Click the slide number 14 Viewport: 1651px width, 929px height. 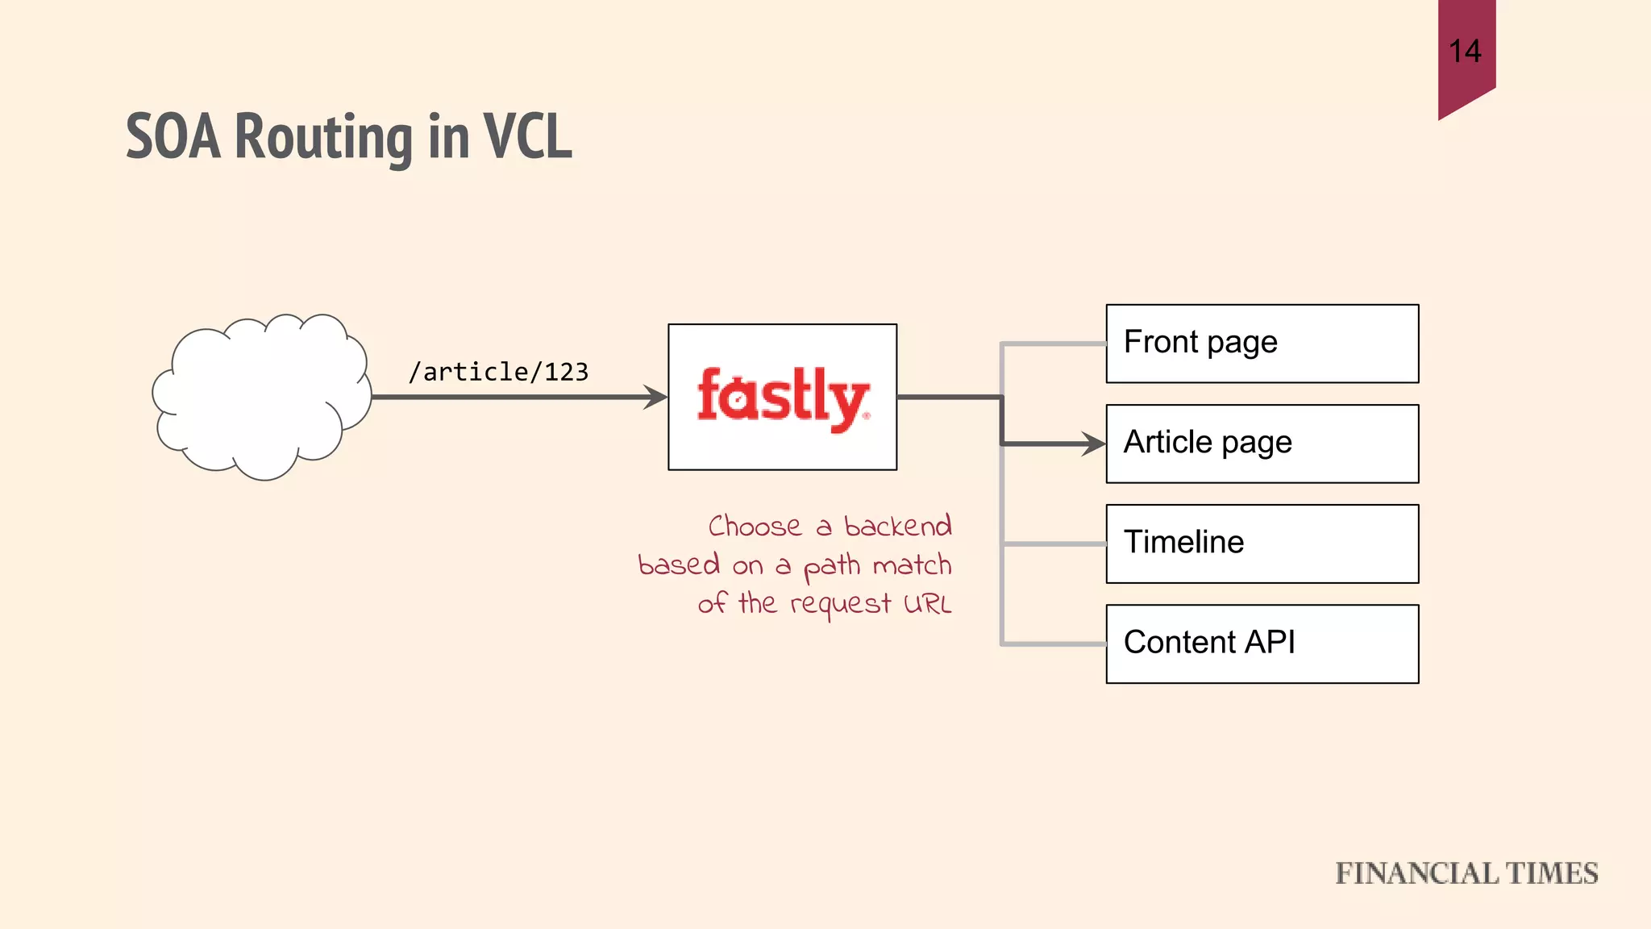tap(1465, 52)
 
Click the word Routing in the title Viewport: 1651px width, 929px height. tap(323, 137)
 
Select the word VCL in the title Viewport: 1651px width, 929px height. tap(527, 135)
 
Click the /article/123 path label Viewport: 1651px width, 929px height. tap(498, 372)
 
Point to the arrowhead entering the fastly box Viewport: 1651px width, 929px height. tap(655, 397)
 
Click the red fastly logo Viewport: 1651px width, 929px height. tap(782, 398)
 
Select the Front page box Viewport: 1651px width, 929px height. tap(1262, 344)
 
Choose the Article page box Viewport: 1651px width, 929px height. tap(1262, 444)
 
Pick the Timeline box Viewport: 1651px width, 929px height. tap(1262, 544)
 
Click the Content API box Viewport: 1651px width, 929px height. tap(1262, 644)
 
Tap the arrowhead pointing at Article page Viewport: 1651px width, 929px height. tap(1093, 444)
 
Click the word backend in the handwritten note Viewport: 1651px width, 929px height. tap(897, 526)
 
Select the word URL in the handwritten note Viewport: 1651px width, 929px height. tap(927, 603)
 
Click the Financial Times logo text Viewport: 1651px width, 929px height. tap(1466, 873)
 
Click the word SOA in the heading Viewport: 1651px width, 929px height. tap(173, 137)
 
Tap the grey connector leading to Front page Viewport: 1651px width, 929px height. tap(1052, 344)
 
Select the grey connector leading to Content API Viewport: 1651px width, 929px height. tap(1052, 644)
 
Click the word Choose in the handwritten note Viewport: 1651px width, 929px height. tap(755, 526)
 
